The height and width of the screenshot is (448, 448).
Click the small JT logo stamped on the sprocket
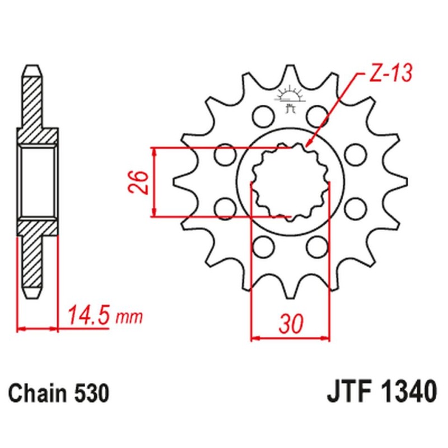[x=290, y=95]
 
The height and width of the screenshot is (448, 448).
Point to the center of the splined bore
[x=289, y=182]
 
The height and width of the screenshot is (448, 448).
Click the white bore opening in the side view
[x=38, y=181]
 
